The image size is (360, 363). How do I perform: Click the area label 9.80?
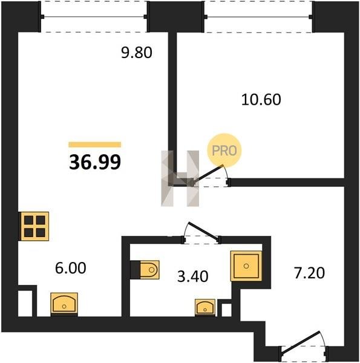coord(137,53)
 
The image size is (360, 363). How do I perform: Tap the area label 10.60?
coord(261,100)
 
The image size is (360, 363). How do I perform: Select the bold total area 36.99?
coord(95,162)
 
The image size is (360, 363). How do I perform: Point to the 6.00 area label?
coord(71,268)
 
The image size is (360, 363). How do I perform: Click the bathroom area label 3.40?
coord(192,276)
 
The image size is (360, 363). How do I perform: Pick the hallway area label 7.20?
coord(309,273)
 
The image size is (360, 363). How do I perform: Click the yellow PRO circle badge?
coord(224,151)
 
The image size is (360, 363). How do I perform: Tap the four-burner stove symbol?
coord(34,226)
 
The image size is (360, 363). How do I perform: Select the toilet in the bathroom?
coord(145,270)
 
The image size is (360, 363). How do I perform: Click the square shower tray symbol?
coord(246,266)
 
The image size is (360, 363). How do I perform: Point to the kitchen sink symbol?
coord(64,304)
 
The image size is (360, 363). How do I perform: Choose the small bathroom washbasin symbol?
coord(205,308)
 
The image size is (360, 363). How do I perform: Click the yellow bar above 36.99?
coord(94,145)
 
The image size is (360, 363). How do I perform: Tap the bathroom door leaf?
coord(203,230)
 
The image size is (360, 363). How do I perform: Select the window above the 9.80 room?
coord(94,17)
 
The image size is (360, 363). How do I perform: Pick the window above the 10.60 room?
coord(258,17)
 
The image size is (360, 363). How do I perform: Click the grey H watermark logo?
coord(180,178)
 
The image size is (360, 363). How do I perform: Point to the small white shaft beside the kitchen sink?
coord(25,303)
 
